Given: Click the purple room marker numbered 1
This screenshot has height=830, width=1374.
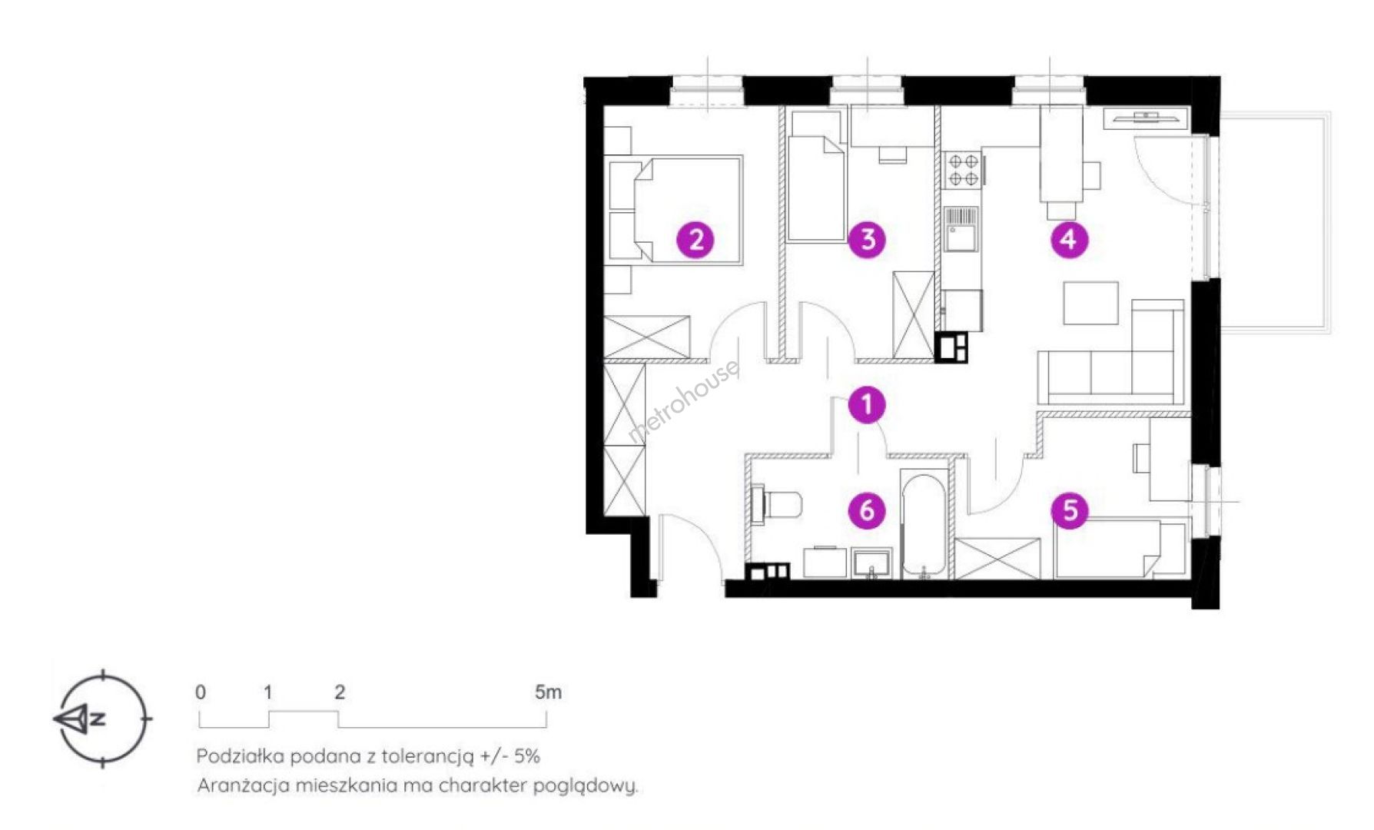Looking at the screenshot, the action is coord(868,405).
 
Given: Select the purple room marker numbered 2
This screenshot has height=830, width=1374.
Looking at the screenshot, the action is coord(695,240).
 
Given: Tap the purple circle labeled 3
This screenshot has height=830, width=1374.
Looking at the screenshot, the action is coord(868,240).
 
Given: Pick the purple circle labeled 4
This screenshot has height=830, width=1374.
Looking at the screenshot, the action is coord(1069,240).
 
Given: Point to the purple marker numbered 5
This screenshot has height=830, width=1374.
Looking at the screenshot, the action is coord(1070,510).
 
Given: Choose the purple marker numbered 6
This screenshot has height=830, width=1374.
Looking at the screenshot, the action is coord(868,510).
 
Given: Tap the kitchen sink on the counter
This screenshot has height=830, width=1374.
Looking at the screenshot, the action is coord(961,230).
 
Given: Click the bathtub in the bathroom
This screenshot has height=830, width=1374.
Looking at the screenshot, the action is coord(924,525).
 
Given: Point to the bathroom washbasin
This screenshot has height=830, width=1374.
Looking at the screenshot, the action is coord(872,563).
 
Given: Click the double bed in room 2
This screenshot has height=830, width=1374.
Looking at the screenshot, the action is coord(675,211).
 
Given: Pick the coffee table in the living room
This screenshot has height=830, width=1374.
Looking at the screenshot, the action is coord(1090,303).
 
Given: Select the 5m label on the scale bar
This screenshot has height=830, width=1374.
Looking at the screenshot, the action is coord(549,692).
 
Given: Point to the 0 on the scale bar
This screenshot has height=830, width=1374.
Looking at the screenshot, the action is coord(201,692).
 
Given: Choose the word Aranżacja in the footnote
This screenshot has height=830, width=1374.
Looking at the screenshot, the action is coord(243,786).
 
